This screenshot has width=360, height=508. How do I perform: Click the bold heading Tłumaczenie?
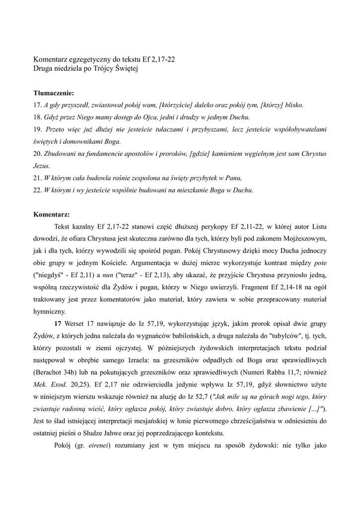pyautogui.click(x=54, y=93)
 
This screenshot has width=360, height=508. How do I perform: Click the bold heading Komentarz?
pyautogui.click(x=52, y=215)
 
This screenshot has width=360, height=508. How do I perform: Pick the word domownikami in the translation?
pyautogui.click(x=79, y=141)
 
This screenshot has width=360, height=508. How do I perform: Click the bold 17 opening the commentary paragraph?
pyautogui.click(x=58, y=323)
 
